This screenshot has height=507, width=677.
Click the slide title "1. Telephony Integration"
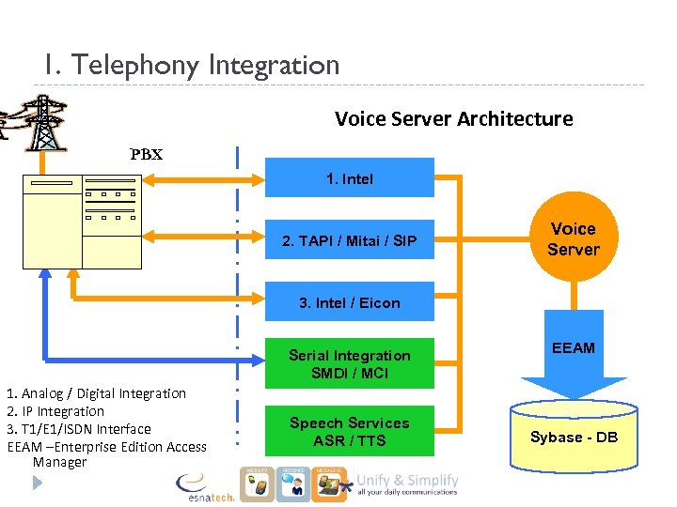pos(191,66)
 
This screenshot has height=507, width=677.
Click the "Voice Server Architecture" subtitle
pos(453,119)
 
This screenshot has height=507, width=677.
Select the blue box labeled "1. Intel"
pos(350,178)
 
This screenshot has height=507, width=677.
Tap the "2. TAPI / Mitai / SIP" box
pos(350,241)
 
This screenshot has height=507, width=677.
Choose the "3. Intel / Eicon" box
pos(350,302)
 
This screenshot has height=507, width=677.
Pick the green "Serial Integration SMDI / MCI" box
pos(350,363)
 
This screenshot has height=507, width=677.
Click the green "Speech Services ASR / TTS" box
pos(350,431)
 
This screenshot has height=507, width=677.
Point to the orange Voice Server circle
pos(573,239)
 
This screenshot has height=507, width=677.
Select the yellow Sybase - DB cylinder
pos(574,437)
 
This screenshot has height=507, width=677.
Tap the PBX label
pos(146,155)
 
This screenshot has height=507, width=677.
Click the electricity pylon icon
pos(43,121)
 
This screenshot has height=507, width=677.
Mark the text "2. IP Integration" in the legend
pos(55,411)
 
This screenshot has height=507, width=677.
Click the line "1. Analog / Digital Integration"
pos(96,393)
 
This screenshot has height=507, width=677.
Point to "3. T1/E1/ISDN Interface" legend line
pos(79,429)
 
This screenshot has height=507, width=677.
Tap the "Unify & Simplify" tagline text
pos(407,481)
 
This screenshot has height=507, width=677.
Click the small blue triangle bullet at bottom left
pos(37,483)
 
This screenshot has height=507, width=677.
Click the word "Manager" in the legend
pos(59,462)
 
